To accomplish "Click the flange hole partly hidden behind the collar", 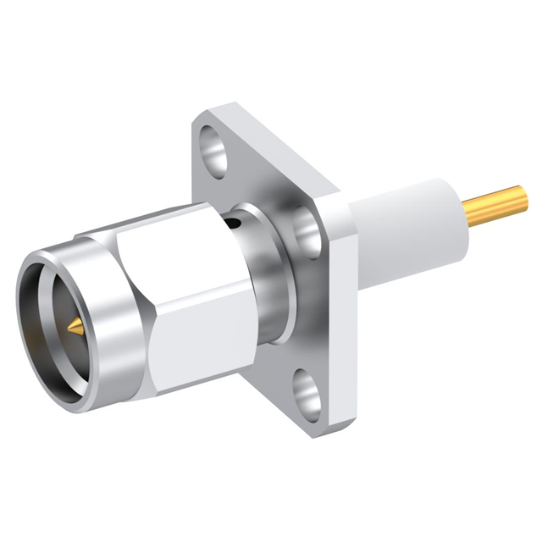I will click(x=305, y=227).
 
